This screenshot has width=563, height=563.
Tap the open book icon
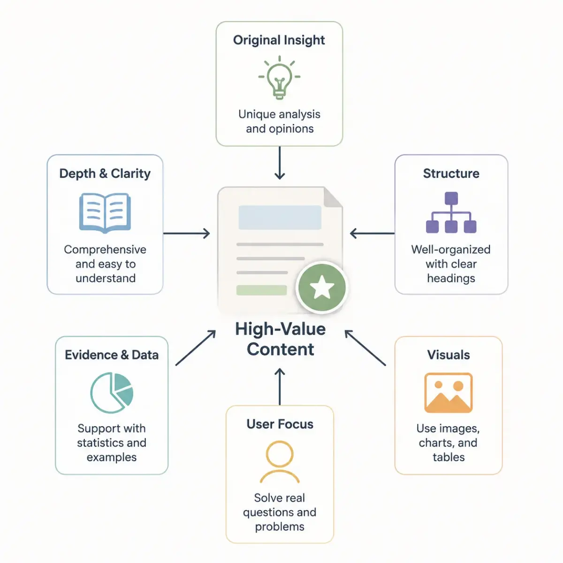click(105, 213)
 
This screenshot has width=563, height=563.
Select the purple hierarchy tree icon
click(451, 213)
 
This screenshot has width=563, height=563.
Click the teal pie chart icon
click(112, 392)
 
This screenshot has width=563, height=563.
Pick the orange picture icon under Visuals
click(448, 392)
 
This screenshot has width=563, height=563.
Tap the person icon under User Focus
click(280, 462)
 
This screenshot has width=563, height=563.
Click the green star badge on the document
click(322, 287)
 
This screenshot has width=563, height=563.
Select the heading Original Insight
click(279, 40)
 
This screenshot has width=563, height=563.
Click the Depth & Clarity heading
click(105, 174)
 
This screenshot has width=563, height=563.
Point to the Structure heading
click(451, 174)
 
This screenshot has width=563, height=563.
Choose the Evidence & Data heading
click(112, 355)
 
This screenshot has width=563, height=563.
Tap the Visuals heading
click(449, 355)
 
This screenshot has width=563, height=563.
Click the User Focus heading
click(280, 424)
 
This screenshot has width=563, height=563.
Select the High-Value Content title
click(281, 339)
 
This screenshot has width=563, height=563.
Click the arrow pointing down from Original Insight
click(280, 163)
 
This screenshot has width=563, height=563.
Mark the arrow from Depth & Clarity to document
click(186, 234)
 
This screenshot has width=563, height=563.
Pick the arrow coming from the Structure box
click(372, 234)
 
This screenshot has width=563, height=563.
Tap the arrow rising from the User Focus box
click(280, 387)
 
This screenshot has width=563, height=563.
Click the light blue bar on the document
click(280, 217)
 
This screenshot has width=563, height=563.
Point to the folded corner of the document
click(333, 198)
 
